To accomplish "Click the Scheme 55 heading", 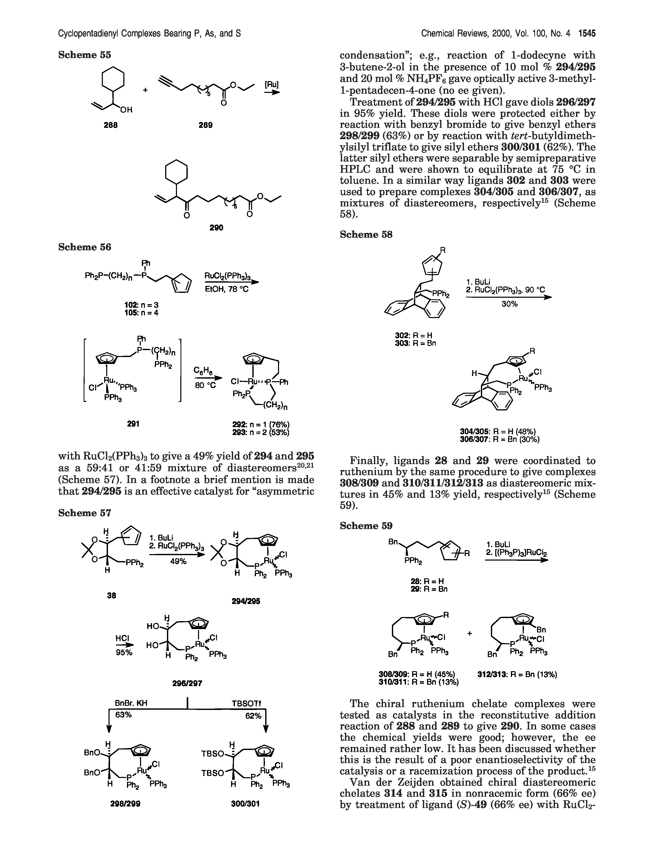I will [x=84, y=55].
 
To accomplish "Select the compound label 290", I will [x=216, y=228].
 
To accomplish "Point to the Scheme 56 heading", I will [x=84, y=247].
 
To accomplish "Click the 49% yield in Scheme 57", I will [x=179, y=561].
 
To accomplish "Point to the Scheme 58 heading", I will [x=366, y=234].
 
